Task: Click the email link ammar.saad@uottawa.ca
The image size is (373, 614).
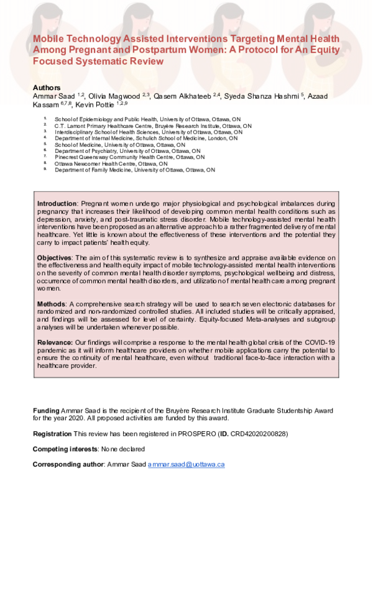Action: click(186, 464)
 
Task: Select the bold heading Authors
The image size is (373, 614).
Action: click(47, 88)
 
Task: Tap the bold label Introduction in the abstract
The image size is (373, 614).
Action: click(57, 203)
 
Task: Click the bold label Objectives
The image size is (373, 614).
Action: click(54, 257)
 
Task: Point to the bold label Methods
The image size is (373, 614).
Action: click(51, 303)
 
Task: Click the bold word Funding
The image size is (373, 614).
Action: click(46, 411)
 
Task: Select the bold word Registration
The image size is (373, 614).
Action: click(52, 433)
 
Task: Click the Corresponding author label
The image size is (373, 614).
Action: click(68, 464)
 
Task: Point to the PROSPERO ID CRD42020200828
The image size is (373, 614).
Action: click(259, 433)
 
